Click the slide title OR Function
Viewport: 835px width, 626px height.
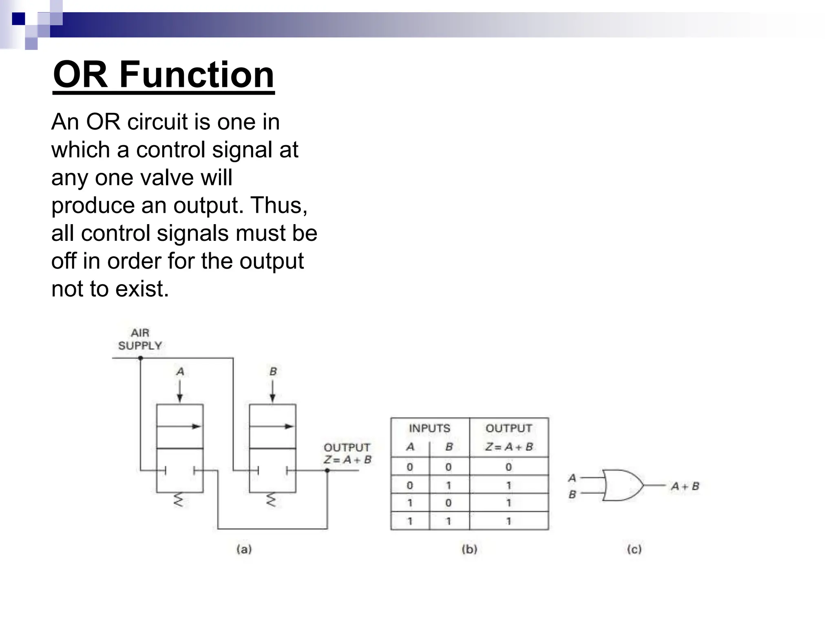click(x=163, y=75)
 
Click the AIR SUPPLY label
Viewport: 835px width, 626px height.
click(x=140, y=339)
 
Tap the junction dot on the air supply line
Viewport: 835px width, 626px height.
click(x=140, y=358)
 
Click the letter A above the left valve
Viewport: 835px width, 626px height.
click(x=180, y=372)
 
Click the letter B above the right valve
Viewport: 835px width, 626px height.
click(x=273, y=372)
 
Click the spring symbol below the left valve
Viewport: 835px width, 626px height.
click(x=179, y=500)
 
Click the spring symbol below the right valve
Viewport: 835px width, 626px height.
click(x=271, y=500)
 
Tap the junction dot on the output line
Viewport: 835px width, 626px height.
click(x=327, y=471)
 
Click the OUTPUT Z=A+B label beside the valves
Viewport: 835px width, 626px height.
click(x=347, y=454)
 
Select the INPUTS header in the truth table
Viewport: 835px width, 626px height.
click(x=429, y=428)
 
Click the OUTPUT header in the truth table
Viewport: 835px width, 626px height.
click(x=508, y=428)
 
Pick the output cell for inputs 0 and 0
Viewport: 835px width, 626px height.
click(x=508, y=467)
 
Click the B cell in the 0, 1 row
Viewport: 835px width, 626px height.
click(x=448, y=485)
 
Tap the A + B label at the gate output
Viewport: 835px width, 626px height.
click(x=685, y=486)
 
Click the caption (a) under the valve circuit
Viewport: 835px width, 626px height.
click(x=244, y=549)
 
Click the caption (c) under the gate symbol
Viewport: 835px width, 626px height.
click(x=634, y=549)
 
